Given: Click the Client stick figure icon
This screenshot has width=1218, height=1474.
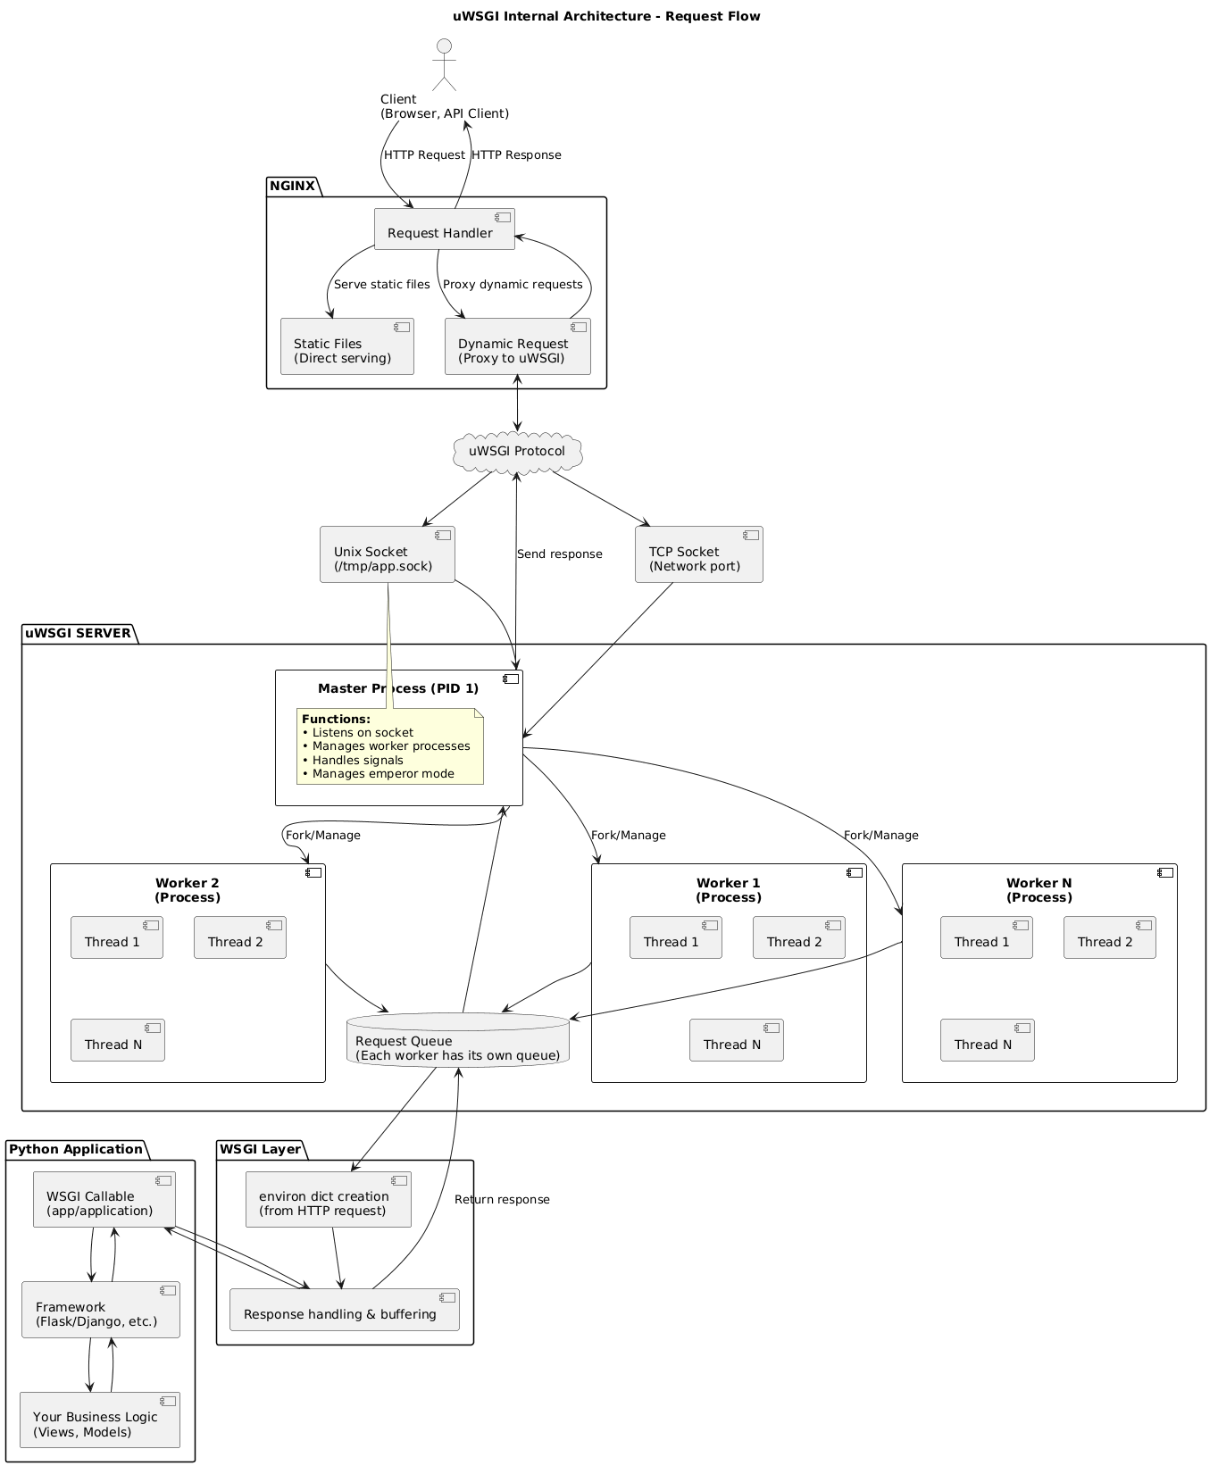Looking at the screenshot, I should (444, 64).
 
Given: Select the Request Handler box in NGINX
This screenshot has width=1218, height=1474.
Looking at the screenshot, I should (444, 229).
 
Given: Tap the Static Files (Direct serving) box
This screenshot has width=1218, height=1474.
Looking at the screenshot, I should (346, 346).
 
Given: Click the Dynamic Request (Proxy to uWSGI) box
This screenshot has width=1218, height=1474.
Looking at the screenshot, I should (517, 346).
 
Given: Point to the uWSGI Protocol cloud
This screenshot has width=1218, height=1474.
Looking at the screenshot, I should (517, 452).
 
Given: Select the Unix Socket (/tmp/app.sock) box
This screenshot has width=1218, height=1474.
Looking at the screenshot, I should (387, 554).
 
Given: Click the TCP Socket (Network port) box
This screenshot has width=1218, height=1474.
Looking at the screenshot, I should (698, 554).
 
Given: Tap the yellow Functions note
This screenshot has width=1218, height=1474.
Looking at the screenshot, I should (390, 746).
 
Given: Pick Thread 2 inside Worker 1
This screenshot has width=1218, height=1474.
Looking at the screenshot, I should (798, 937).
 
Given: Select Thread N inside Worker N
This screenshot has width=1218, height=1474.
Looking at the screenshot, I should (987, 1040).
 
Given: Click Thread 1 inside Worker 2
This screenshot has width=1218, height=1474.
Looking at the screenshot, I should (116, 937).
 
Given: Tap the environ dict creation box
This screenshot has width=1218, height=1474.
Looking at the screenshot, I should (328, 1199).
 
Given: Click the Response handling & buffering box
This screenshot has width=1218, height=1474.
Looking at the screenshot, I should (344, 1310).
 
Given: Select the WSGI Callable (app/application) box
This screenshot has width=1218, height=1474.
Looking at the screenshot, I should (104, 1199).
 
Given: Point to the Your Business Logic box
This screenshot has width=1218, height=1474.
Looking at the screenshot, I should (99, 1420).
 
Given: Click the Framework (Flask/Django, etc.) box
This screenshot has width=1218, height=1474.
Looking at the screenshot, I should (100, 1310).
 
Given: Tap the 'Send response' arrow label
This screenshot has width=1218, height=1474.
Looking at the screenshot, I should (559, 554).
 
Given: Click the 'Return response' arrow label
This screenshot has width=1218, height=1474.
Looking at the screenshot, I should (502, 1199).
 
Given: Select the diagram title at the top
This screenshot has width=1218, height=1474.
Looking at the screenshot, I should (606, 16).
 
